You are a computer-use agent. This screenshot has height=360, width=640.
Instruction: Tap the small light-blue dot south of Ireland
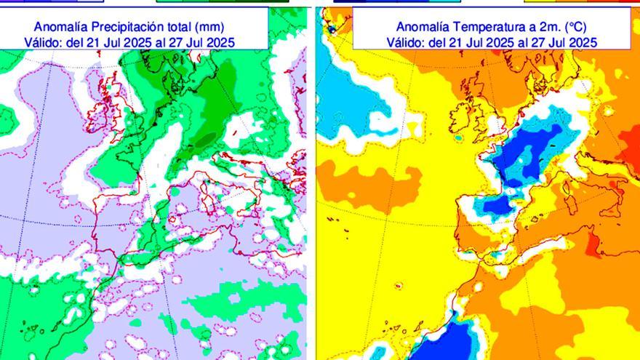point(457,137)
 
